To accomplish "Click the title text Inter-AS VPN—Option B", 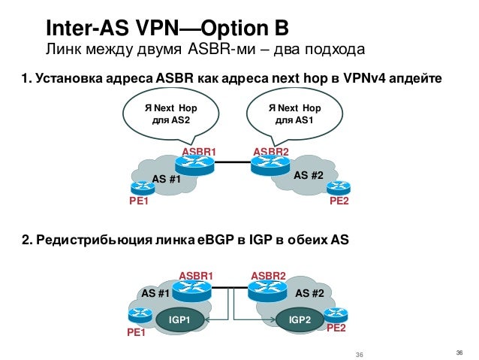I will [167, 29].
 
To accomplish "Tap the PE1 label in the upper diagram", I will [139, 202].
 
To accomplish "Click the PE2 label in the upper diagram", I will [339, 202].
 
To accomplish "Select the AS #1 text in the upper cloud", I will [167, 179].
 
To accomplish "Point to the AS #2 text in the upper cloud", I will [308, 175].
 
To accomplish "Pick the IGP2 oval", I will [300, 320].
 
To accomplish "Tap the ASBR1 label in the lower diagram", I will [196, 276].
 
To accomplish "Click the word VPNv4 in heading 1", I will [370, 78].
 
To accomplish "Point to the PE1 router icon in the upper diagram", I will [140, 189].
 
